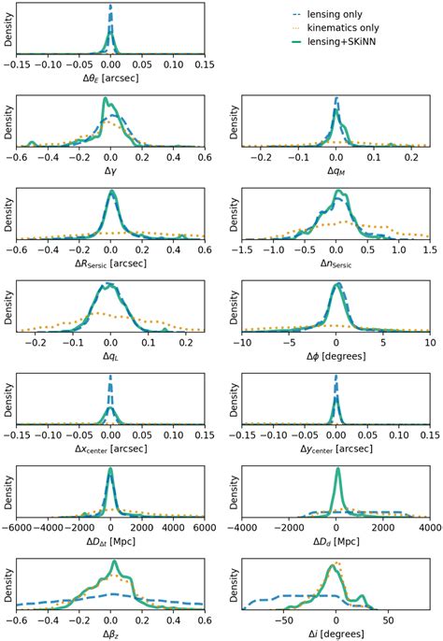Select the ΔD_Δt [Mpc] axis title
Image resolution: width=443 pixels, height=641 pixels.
click(x=110, y=543)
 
